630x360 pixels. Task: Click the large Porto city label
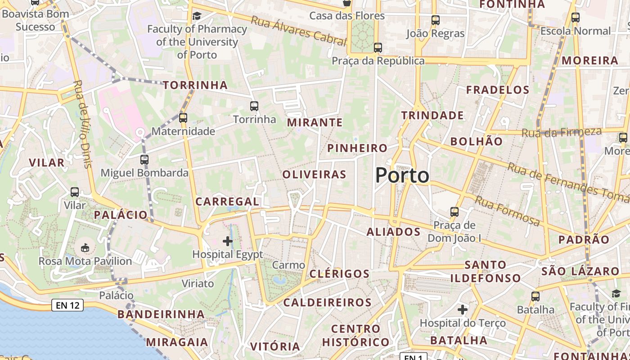[402, 175]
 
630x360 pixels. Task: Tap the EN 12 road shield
[67, 306]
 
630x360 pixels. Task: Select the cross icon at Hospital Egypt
[228, 241]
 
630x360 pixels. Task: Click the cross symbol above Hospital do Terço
[463, 310]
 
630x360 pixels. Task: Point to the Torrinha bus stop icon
[254, 106]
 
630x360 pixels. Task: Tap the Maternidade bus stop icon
[183, 118]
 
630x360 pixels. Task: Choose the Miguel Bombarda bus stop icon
[144, 159]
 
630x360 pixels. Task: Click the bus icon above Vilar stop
[75, 192]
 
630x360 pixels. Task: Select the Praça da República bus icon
[378, 47]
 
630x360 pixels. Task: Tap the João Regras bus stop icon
[435, 20]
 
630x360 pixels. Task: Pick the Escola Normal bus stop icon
[576, 18]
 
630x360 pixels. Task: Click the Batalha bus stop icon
[535, 297]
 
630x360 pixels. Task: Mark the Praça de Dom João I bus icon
[454, 211]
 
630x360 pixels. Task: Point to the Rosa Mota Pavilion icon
[85, 247]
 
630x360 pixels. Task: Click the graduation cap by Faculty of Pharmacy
[197, 17]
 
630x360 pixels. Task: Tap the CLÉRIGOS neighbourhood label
[340, 274]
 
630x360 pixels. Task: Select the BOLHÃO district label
[477, 141]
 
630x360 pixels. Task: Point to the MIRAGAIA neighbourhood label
[177, 342]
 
